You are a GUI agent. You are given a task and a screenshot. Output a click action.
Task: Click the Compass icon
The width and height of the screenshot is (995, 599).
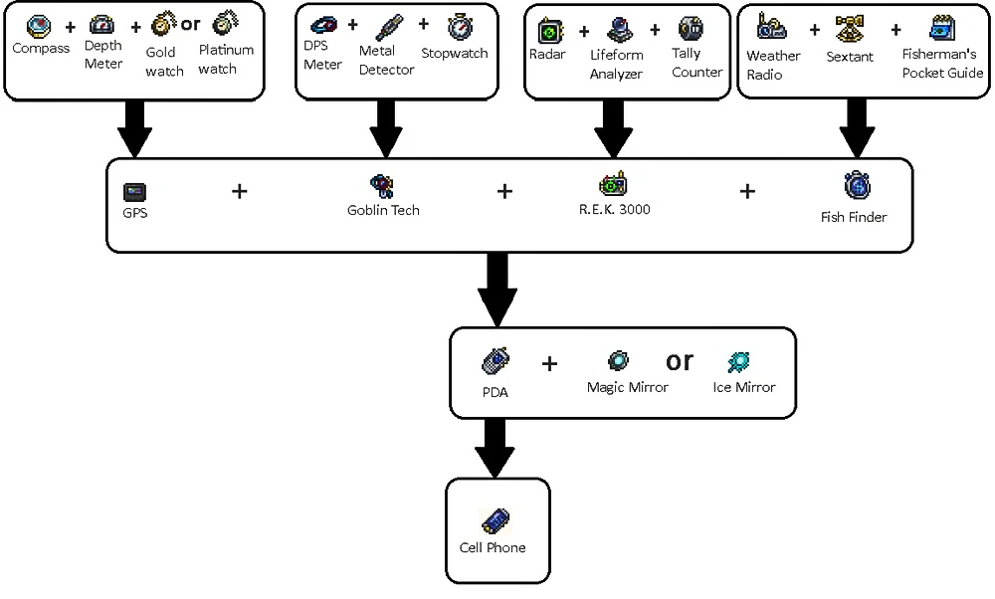[x=39, y=26]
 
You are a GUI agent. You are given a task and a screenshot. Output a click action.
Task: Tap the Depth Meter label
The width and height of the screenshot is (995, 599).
[x=103, y=55]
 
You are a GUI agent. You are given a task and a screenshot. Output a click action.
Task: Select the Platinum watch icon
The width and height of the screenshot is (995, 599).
[x=223, y=24]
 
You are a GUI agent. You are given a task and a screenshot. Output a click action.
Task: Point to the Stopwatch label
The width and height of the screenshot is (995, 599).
[x=454, y=53]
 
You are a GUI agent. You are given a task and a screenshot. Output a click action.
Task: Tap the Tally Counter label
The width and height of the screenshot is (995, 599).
[x=696, y=63]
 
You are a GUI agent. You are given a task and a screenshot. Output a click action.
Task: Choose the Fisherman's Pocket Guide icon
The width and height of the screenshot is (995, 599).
[x=941, y=29]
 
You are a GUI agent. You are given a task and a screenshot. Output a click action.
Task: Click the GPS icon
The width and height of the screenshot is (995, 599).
[x=134, y=191]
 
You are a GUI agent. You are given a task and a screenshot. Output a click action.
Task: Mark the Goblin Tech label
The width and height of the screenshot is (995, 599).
[x=383, y=210]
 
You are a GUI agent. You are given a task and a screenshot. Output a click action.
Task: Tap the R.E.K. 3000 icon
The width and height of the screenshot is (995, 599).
[x=613, y=184]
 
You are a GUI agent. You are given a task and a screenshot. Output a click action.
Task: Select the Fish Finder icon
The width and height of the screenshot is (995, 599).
[x=857, y=186]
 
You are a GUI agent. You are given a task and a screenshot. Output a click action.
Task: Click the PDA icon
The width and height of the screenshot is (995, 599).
[x=496, y=360]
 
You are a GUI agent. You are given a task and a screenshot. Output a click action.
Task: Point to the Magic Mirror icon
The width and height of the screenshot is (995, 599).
[x=619, y=360]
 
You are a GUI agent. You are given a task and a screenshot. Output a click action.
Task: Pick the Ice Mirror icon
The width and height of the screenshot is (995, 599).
[x=739, y=361]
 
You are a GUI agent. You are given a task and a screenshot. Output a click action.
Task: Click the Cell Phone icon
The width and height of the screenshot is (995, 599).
[x=495, y=520]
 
